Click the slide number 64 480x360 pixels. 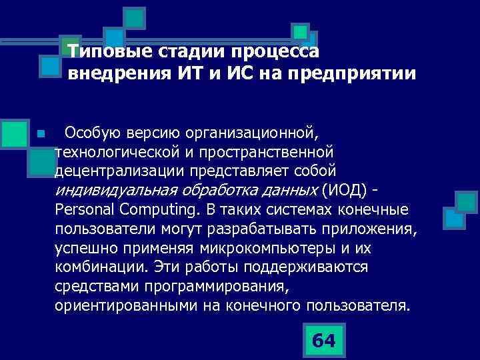[x=323, y=340]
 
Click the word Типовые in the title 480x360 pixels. [x=107, y=51]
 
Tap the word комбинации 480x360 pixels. [x=100, y=267]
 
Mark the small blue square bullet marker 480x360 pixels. [x=40, y=134]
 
